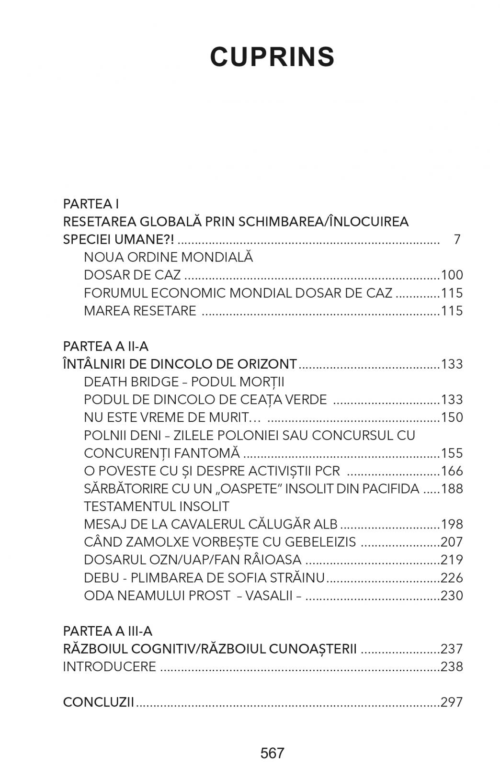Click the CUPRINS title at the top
coord(272,57)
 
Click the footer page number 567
coord(272,753)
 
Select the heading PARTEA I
coord(91,204)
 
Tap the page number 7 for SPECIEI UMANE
coord(457,239)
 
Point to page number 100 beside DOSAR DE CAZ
coord(452,275)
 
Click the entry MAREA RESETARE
coord(140,311)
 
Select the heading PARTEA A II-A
coord(105,346)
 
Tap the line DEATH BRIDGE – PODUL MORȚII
coord(184,382)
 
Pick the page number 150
coord(452,417)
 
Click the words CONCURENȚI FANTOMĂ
coord(161,453)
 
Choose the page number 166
coord(452,471)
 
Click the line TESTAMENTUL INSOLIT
coord(156,507)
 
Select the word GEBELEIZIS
coord(320,542)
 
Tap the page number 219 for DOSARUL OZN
coord(452,560)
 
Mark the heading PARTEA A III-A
coord(108,631)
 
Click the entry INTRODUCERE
coord(110,666)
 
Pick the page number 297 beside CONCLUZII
coord(452,702)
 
